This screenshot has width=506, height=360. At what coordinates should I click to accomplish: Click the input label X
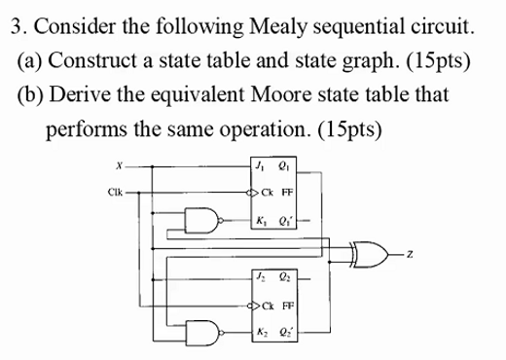pyautogui.click(x=119, y=167)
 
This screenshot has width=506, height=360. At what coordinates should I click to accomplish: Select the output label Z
pyautogui.click(x=411, y=255)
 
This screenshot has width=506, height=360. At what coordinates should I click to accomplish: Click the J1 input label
pyautogui.click(x=258, y=167)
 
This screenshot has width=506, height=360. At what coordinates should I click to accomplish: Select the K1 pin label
pyautogui.click(x=258, y=219)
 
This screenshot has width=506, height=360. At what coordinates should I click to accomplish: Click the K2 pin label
pyautogui.click(x=258, y=332)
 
